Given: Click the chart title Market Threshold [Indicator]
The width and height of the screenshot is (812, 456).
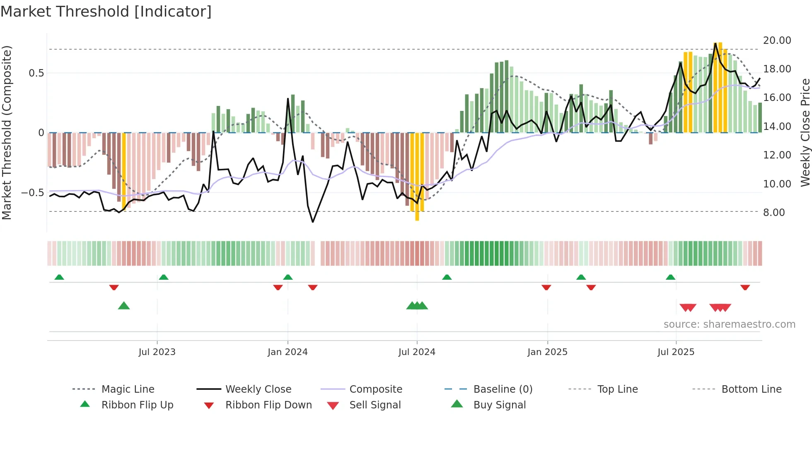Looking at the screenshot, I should [x=106, y=12].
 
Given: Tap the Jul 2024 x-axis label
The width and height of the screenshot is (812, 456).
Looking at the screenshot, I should [x=417, y=352].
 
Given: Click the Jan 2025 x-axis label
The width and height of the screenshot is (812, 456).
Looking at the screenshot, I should [x=547, y=352].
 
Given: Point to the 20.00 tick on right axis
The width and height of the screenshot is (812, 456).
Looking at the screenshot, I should [x=777, y=40].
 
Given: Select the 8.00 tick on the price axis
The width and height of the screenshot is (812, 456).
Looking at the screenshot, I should [x=774, y=212].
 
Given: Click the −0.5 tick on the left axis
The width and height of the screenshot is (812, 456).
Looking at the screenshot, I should [x=32, y=192].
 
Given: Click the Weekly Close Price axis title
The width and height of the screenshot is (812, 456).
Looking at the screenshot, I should [x=805, y=132].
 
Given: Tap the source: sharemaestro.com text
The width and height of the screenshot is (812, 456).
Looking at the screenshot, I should [x=729, y=324].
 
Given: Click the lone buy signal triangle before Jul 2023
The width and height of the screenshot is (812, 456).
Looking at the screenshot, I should [x=124, y=306].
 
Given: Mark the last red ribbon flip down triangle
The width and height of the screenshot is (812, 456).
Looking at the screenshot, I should [x=745, y=287].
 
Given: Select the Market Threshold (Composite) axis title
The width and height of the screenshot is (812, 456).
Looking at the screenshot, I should [x=7, y=132].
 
